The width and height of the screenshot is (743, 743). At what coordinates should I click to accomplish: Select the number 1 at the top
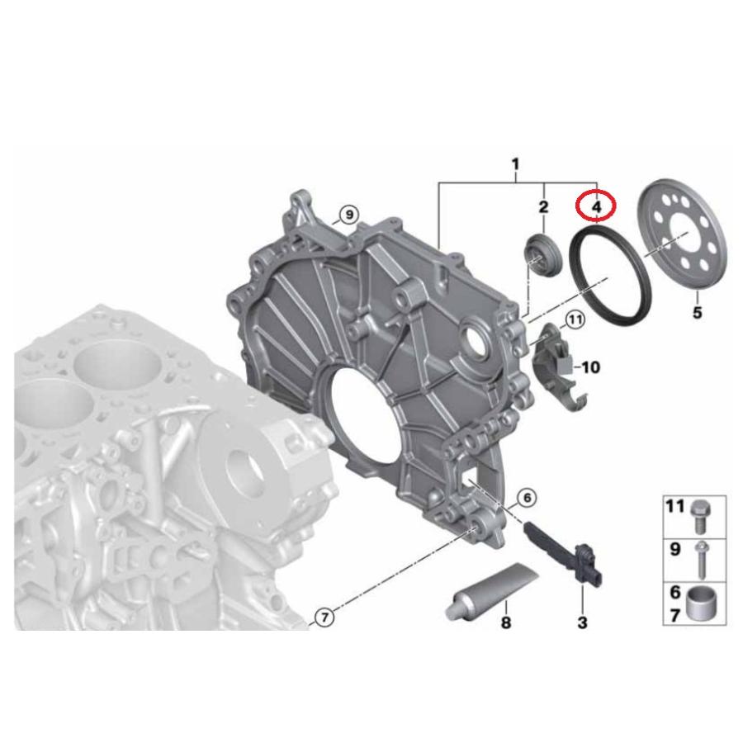[x=515, y=164]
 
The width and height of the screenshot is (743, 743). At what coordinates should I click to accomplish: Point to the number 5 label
[x=697, y=313]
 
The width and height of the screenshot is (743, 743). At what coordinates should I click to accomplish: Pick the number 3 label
[x=582, y=622]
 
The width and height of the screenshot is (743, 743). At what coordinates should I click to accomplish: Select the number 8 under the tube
[x=505, y=622]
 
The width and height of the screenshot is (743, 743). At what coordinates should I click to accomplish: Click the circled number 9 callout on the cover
[x=348, y=215]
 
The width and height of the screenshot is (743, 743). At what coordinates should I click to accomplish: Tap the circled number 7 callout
[x=324, y=616]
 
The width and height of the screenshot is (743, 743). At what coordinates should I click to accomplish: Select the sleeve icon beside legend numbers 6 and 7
[x=703, y=601]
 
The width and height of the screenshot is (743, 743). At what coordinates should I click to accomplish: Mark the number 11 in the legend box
[x=676, y=506]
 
